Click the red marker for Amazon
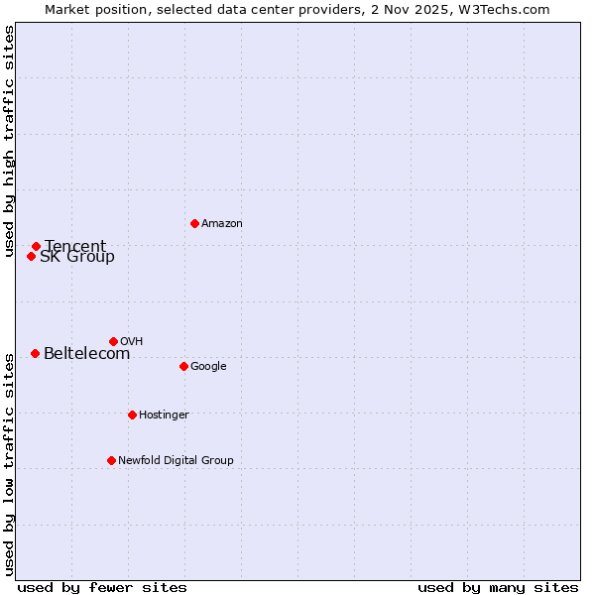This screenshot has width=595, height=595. coord(194,223)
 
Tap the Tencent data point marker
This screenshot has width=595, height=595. coord(36,246)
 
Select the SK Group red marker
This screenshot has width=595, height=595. coord(31,256)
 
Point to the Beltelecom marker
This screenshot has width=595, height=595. coord(35,353)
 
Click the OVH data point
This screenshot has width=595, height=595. coord(113,341)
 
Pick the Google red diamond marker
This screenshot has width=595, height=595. coord(183,366)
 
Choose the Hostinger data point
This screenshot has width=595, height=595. coord(132,415)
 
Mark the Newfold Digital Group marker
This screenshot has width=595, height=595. coord(111,460)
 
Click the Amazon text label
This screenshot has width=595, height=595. coord(222,224)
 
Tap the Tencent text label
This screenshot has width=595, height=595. coord(75,247)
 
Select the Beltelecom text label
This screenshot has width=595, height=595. coord(86,354)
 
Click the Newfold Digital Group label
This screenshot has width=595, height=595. coord(176,460)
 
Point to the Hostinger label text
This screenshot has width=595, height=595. coord(164,415)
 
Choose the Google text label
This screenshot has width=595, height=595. coord(208,367)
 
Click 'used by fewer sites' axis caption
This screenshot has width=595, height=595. coord(102,587)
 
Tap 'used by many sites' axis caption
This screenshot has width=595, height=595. coord(498,587)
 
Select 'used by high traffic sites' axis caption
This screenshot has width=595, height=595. coord(9,142)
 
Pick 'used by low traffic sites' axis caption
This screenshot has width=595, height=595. coord(9,463)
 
